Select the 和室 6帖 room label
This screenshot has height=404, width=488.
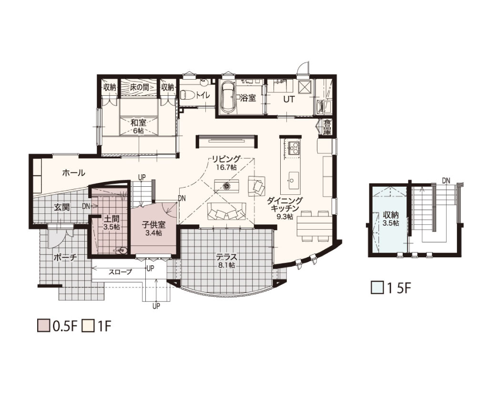[139, 126]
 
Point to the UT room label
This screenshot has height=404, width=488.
[288, 99]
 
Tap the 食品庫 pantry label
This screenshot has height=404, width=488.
[327, 127]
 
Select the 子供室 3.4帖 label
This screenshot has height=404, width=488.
[153, 228]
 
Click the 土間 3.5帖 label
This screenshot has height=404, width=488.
[112, 223]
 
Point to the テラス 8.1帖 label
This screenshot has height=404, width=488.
[227, 261]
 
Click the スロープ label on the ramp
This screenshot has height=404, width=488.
[120, 272]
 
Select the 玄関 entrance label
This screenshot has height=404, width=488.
[61, 207]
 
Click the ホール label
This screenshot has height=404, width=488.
[74, 173]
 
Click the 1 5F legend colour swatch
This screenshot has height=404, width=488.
[377, 287]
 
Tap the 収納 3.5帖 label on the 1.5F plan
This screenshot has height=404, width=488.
[391, 219]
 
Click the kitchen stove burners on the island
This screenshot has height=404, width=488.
[294, 148]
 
